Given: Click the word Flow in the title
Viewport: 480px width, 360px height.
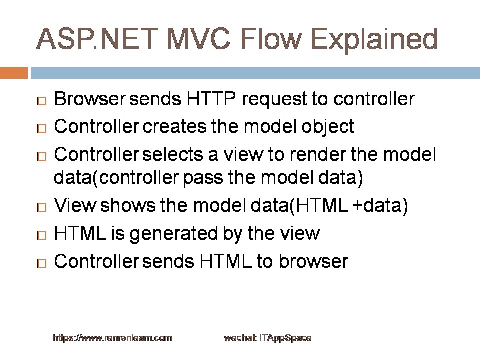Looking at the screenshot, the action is (271, 39).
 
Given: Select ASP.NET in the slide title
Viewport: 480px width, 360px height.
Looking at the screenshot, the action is (97, 39).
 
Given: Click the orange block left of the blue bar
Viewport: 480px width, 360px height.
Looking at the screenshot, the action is (14, 73).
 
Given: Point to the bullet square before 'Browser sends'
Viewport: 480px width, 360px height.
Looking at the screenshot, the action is (42, 101).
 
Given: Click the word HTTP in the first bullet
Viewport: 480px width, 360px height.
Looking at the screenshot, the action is (211, 99).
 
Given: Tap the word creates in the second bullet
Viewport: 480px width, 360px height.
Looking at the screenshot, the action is (174, 126).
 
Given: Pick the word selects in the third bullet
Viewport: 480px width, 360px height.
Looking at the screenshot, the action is (173, 154).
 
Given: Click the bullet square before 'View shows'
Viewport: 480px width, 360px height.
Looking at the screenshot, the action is (42, 208).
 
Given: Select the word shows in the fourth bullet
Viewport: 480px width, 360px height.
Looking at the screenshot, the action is (128, 205).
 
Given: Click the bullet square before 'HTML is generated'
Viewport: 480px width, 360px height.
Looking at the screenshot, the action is (42, 235).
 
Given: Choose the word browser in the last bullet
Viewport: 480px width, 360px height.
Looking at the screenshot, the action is (314, 261).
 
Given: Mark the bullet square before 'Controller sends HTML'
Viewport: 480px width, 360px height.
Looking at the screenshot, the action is (42, 263).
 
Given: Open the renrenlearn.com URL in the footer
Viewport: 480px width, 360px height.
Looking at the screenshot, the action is (112, 338).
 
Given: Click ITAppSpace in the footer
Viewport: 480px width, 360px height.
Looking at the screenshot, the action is (285, 338).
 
